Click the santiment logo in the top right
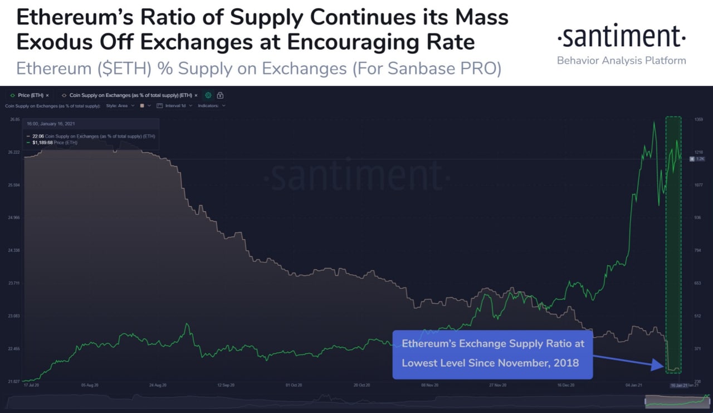tap(621, 37)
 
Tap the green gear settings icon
tap(208, 95)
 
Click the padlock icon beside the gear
tap(220, 95)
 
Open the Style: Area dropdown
tap(120, 105)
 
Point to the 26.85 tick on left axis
tap(14, 119)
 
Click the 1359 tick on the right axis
tap(698, 119)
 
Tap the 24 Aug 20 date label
tap(158, 385)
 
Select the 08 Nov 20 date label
tap(429, 385)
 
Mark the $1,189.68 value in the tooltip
tap(43, 143)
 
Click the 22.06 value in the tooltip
tap(38, 136)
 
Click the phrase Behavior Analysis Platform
tap(621, 60)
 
